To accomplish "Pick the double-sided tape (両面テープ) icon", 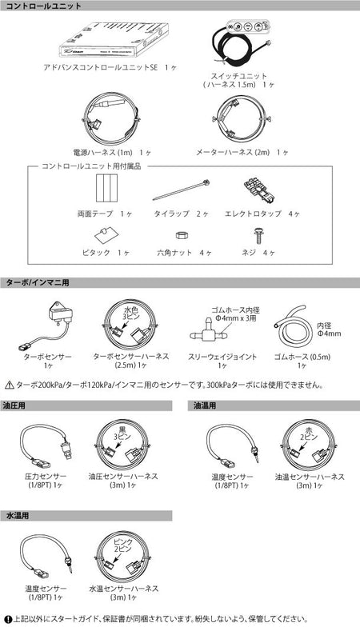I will [107, 193].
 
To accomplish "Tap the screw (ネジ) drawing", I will [258, 236].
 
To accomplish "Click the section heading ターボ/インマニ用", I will [35, 283].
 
